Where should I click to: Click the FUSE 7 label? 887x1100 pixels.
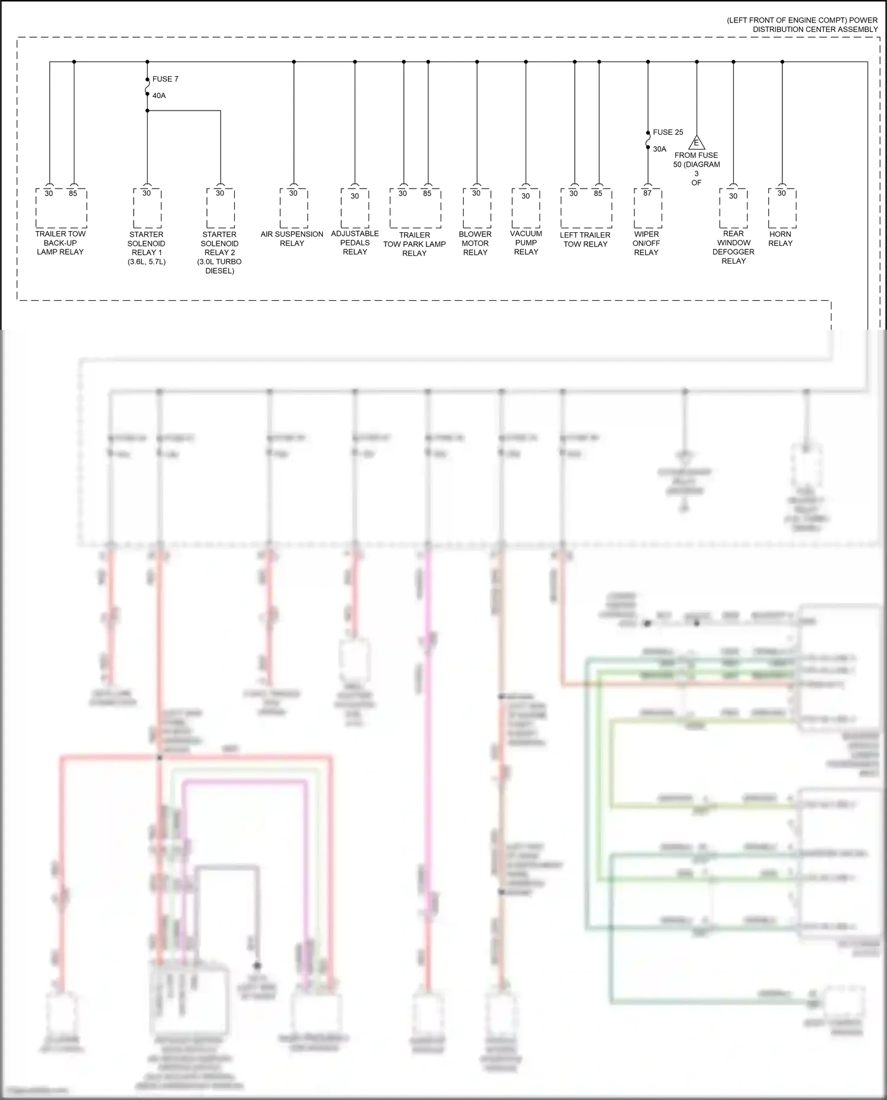165,79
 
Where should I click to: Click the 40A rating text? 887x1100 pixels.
159,96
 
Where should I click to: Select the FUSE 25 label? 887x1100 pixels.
668,132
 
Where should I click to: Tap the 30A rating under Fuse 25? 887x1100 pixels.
659,150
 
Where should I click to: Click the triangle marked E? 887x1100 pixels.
696,143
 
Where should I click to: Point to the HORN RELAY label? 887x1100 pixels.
780,239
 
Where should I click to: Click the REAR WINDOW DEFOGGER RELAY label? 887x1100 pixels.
733,247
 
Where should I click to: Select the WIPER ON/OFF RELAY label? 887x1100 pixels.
646,243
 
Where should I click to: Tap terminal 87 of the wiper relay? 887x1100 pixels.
647,193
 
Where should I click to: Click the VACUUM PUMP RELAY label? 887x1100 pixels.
526,242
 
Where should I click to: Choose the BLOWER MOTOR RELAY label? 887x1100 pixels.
475,243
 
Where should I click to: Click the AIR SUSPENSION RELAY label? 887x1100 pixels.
292,239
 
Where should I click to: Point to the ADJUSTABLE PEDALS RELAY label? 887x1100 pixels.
355,242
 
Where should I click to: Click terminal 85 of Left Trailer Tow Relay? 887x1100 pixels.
598,193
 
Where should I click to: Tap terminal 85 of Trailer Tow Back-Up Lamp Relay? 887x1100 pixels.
73,193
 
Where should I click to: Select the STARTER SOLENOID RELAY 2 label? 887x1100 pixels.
219,252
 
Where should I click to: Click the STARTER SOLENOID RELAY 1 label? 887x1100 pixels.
146,248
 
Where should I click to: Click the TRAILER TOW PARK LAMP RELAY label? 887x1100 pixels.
415,244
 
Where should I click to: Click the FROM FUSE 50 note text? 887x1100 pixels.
696,169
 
